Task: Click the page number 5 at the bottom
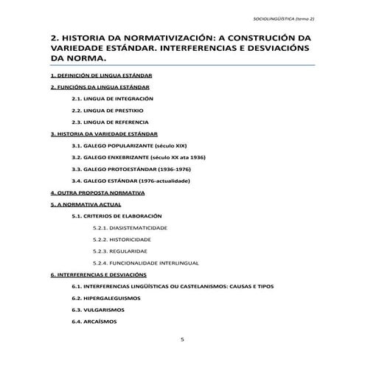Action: point(182,339)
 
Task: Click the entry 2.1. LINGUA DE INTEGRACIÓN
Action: point(112,99)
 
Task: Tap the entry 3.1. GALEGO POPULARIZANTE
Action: point(132,146)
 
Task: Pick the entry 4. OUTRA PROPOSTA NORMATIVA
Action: point(97,192)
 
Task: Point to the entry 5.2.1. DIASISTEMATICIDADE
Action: point(129,228)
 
